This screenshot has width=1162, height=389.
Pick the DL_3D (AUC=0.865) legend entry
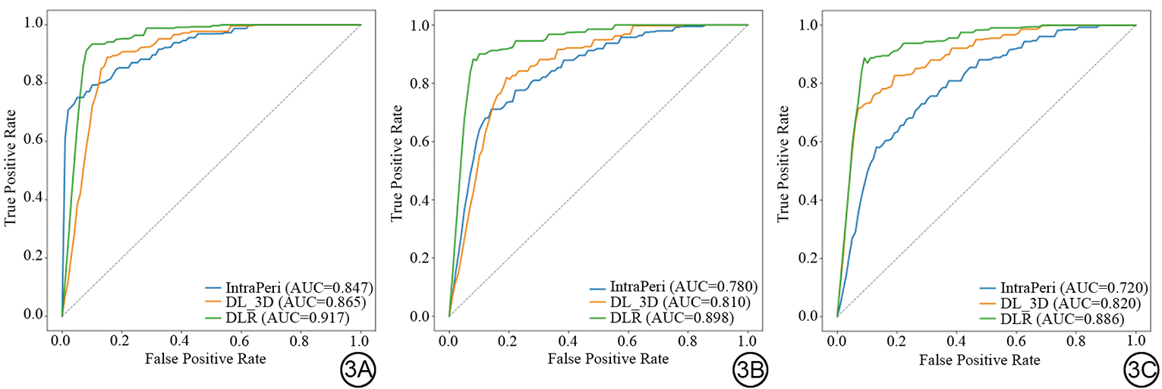pos(286,303)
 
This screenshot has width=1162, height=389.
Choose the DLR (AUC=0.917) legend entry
pos(286,318)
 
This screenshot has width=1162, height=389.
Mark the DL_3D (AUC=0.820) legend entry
pos(1061,303)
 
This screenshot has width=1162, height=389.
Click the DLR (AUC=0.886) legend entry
pos(1061,319)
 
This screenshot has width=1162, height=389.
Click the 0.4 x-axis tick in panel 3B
pos(569,337)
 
